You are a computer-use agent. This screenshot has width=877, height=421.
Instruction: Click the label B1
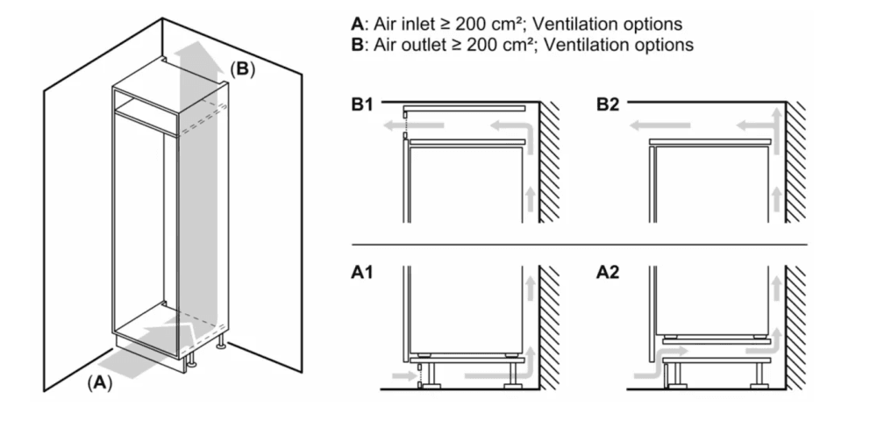coord(363,105)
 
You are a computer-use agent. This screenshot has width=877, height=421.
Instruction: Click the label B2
coord(608,105)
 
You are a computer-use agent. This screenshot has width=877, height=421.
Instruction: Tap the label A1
coord(363,273)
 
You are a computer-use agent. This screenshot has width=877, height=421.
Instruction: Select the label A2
coord(608,273)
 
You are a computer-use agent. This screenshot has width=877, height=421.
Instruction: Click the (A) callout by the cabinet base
coord(99,382)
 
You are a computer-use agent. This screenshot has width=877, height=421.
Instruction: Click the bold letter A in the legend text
coord(357,24)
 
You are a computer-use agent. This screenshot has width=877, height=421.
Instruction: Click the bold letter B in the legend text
coord(357,44)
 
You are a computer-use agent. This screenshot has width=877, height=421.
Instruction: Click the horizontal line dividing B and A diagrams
coord(579,243)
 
